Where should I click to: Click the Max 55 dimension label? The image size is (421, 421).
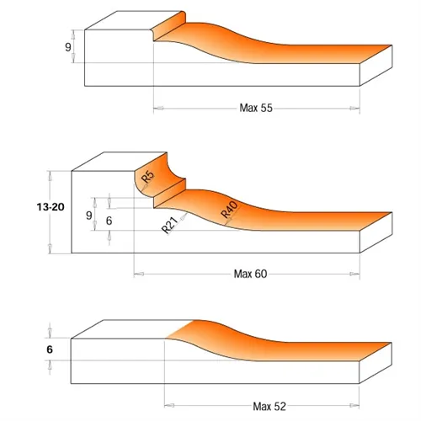[257, 108]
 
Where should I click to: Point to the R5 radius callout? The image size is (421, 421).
[147, 177]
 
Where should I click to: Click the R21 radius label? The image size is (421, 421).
[168, 226]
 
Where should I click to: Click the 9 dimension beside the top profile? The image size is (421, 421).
[67, 47]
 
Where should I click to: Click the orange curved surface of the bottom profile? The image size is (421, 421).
[253, 341]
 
